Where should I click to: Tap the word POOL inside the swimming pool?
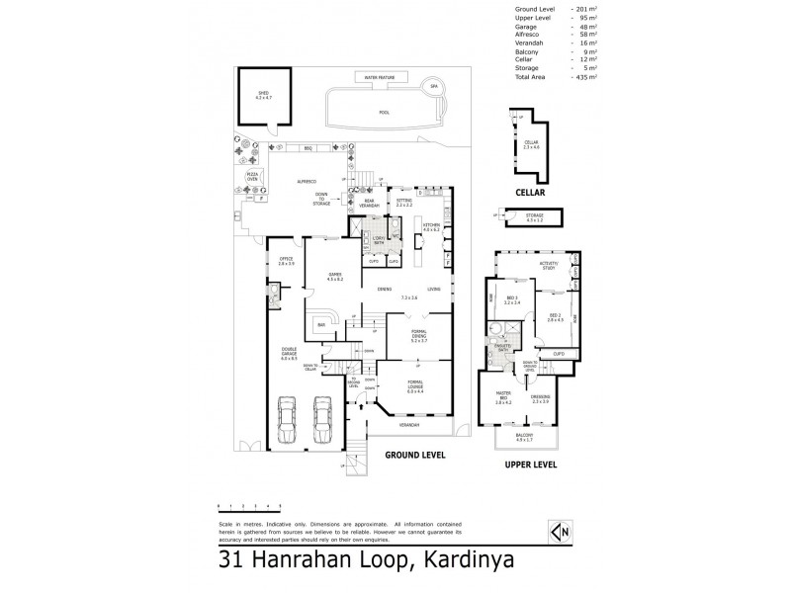pos(384,113)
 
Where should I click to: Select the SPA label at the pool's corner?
pos(432,87)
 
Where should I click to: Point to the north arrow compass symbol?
pos(565,532)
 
